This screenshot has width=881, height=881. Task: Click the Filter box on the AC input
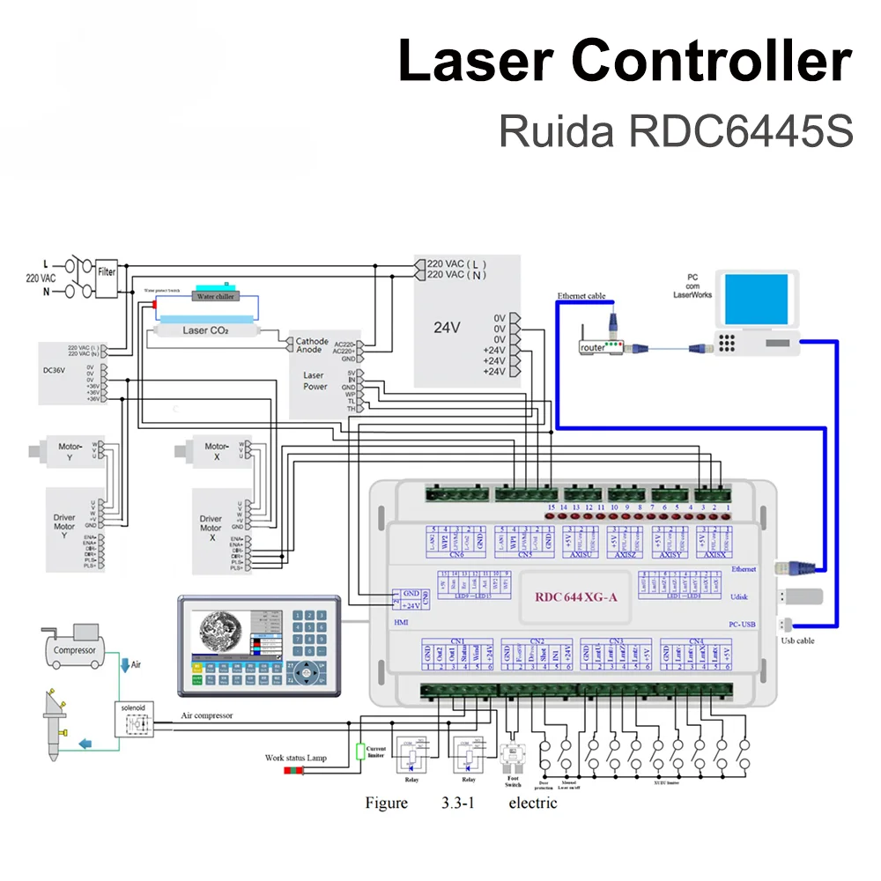pyautogui.click(x=107, y=272)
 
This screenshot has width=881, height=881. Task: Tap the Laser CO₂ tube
pyautogui.click(x=206, y=330)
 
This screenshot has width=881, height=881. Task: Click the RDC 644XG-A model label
pyautogui.click(x=576, y=596)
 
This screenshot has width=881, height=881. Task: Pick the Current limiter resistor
pyautogui.click(x=359, y=751)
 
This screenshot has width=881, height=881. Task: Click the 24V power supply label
pyautogui.click(x=447, y=328)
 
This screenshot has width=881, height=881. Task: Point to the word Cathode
pyautogui.click(x=312, y=342)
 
